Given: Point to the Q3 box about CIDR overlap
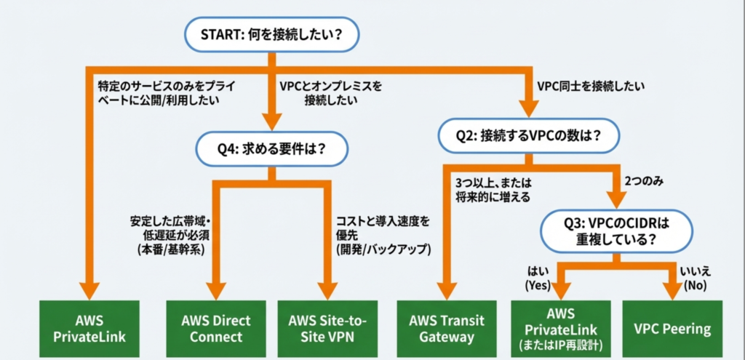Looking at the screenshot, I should [x=615, y=231].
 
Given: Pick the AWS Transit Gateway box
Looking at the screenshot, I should [x=447, y=329].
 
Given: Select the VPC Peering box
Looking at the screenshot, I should [x=672, y=329].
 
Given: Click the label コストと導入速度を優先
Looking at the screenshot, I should [x=383, y=234].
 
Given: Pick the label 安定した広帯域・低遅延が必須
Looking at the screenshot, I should [x=169, y=234].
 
